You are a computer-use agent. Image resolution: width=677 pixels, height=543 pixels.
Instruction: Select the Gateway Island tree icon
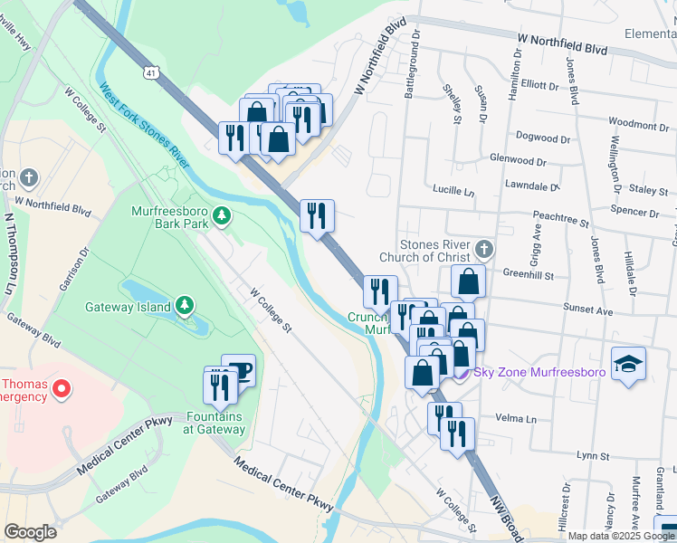pos(185,305)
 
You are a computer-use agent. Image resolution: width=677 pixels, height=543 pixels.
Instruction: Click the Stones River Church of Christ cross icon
pos(484,248)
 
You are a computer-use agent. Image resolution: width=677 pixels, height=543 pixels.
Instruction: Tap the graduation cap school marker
pos(628,365)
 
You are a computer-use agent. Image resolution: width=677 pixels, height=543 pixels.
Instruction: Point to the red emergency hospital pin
pos(62,390)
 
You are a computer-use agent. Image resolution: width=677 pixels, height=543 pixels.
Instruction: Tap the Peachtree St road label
pos(561,219)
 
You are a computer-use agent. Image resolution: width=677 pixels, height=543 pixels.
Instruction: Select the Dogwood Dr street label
pos(542,139)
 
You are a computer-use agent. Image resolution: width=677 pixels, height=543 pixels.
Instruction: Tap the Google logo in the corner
pos(30,532)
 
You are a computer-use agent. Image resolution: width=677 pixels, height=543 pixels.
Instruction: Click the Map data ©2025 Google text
pos(621,536)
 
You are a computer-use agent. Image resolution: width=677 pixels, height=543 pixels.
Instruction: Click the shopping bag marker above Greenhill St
pos(468,281)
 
